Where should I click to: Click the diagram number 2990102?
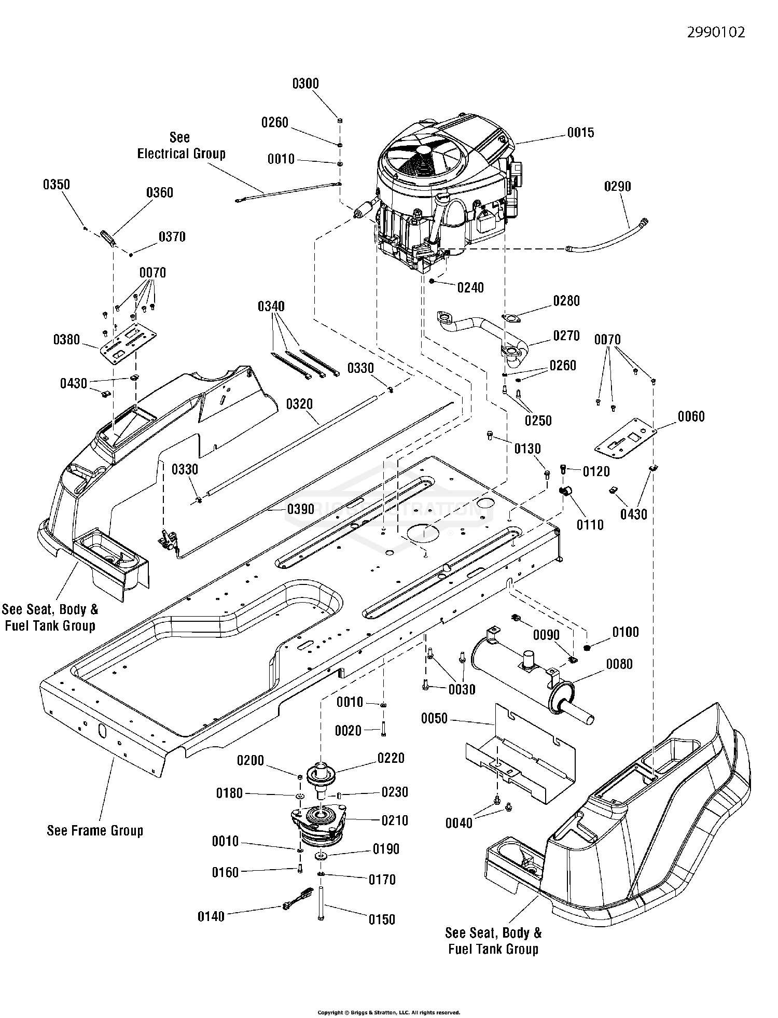[716, 32]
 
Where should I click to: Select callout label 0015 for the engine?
[580, 133]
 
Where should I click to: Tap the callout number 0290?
[617, 186]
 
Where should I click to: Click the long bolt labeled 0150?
[321, 902]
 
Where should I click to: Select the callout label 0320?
[299, 405]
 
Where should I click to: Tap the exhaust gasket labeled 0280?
[511, 318]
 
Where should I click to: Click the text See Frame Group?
[95, 830]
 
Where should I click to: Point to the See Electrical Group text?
[181, 146]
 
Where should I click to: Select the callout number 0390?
[300, 509]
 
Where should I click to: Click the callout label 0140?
[211, 916]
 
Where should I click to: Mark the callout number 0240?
[470, 287]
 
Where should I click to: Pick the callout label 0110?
[590, 525]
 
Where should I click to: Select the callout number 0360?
[160, 193]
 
